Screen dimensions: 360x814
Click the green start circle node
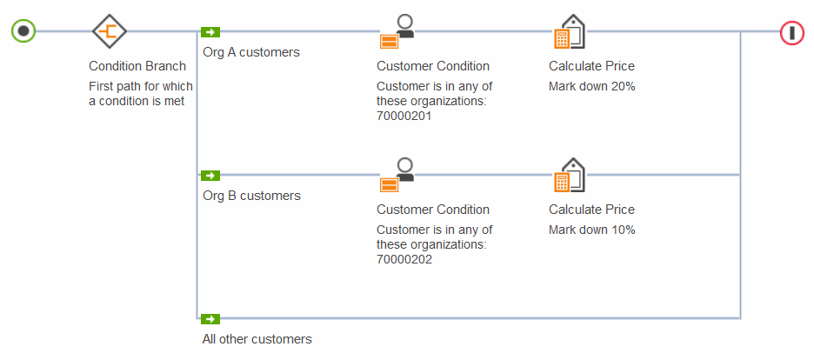pos(23,31)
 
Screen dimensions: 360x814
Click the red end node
pos(791,32)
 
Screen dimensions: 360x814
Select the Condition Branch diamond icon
pos(110,31)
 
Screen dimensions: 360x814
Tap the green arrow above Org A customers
pos(210,32)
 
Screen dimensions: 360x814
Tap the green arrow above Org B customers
pos(210,176)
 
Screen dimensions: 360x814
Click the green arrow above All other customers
pos(210,319)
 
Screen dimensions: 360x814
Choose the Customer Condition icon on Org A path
pos(397,31)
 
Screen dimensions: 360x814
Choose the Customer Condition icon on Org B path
pos(397,175)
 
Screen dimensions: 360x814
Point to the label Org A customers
pos(251,52)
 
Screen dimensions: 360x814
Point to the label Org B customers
pos(251,196)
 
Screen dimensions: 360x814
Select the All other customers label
pos(257,339)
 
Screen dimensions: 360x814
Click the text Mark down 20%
pos(591,86)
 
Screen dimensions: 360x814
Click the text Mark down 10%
pos(591,230)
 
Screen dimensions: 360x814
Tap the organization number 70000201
pos(404,116)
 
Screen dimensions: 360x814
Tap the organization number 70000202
pos(404,259)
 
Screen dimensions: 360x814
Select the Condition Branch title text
pos(137,66)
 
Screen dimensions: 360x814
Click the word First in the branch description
pos(102,86)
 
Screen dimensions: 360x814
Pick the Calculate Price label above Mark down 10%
pos(591,210)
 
